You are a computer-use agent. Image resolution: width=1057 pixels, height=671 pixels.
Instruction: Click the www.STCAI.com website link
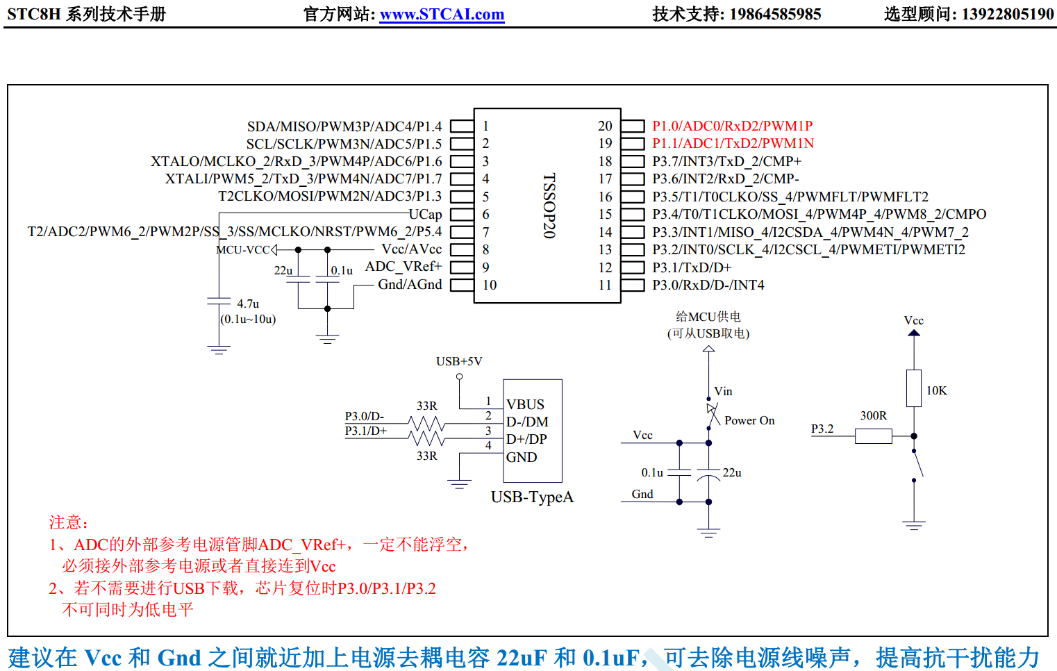[x=442, y=14]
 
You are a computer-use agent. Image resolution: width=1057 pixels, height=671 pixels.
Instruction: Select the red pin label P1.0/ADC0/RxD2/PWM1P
[x=732, y=126]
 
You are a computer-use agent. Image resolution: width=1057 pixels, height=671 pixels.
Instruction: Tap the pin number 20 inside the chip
[x=605, y=126]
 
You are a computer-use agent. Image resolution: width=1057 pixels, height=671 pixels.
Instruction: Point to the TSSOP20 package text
[x=549, y=206]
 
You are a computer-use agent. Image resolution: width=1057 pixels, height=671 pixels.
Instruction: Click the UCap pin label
[x=425, y=214]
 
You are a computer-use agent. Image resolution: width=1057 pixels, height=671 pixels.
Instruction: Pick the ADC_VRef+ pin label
[x=403, y=267]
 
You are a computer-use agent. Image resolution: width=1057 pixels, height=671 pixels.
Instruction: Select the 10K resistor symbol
[x=914, y=388]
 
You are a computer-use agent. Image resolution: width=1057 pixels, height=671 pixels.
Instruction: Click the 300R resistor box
[x=873, y=436]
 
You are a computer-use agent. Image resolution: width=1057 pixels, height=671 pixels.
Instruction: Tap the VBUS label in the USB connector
[x=525, y=404]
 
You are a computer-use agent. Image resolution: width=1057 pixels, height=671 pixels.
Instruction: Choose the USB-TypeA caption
[x=532, y=497]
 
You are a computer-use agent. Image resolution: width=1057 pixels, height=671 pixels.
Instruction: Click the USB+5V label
[x=459, y=361]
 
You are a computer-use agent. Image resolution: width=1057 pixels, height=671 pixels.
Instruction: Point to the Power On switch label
[x=749, y=420]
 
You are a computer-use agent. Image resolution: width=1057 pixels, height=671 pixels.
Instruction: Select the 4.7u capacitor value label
[x=248, y=304]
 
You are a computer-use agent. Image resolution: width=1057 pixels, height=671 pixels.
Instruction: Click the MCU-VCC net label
[x=243, y=250]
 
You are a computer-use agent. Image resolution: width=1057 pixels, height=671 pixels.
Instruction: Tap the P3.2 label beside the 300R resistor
[x=822, y=429]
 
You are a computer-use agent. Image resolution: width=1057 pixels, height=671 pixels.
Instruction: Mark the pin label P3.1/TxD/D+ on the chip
[x=692, y=267]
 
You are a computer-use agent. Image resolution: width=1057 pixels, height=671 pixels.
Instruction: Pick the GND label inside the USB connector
[x=522, y=457]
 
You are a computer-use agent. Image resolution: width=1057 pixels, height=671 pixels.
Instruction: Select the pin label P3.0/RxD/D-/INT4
[x=708, y=285]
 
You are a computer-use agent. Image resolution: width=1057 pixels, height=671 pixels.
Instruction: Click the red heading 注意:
[x=68, y=522]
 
